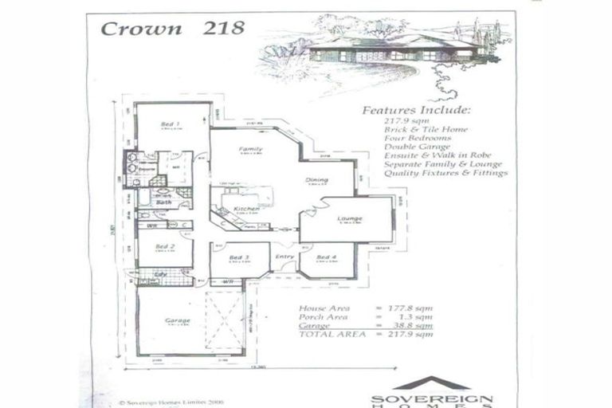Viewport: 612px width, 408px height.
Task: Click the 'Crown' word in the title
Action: [132, 29]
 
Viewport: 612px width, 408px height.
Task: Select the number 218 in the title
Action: [223, 29]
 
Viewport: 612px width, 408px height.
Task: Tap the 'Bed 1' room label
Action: [170, 124]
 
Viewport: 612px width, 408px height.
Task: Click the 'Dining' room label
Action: [316, 180]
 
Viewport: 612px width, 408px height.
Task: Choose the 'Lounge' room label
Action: [349, 218]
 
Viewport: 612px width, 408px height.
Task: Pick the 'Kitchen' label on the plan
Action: [246, 209]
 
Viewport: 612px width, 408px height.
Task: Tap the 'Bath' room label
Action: [163, 202]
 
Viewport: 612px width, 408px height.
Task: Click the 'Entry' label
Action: [284, 257]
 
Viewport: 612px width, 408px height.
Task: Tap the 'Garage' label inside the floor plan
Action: [177, 320]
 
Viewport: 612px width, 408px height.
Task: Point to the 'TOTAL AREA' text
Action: [326, 334]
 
